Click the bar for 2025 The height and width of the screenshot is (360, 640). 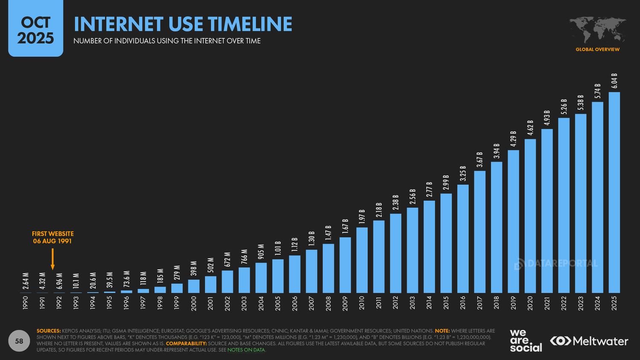point(614,192)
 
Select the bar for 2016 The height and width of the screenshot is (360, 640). point(463,239)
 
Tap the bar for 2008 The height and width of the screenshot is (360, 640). point(328,268)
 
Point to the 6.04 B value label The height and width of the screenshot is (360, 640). point(614,81)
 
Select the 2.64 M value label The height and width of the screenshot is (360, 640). point(26,281)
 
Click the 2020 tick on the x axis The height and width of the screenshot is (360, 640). point(530,303)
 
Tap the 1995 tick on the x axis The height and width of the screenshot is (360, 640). point(110,303)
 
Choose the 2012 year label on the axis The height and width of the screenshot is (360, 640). point(396,303)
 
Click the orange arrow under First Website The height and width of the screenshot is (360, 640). point(52,259)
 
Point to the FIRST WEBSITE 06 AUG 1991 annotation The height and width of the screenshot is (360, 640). point(52,238)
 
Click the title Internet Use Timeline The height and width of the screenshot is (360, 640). point(183,24)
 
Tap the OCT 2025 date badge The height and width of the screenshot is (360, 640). point(35,30)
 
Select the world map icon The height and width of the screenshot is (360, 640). point(597,30)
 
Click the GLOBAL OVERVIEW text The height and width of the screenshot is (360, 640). point(597,49)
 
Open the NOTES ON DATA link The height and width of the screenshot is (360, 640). point(246,350)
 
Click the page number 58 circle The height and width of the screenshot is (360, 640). point(19,341)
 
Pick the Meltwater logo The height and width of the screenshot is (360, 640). point(589,341)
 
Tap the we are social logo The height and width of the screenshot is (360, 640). point(525,340)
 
